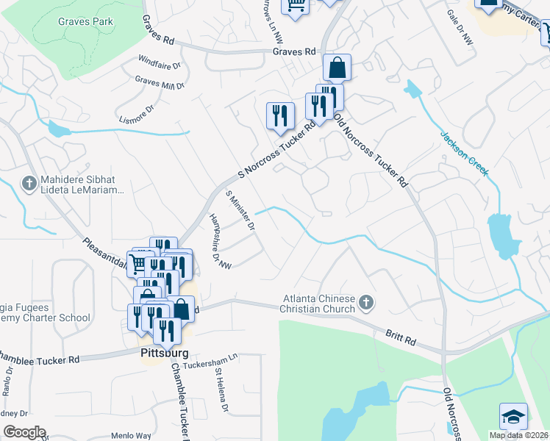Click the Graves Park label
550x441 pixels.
pyautogui.click(x=85, y=21)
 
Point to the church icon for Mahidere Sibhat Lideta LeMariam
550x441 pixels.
pyautogui.click(x=29, y=183)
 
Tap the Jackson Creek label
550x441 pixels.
pyautogui.click(x=464, y=153)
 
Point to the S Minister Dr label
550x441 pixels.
pyautogui.click(x=240, y=209)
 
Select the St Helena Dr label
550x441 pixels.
pyautogui.click(x=222, y=390)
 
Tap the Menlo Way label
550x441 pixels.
pyautogui.click(x=131, y=436)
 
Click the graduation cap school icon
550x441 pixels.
pyautogui.click(x=513, y=417)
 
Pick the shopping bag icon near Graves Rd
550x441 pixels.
pyautogui.click(x=336, y=68)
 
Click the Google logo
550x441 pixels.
pyautogui.click(x=24, y=432)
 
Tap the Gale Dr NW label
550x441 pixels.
pyautogui.click(x=460, y=28)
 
